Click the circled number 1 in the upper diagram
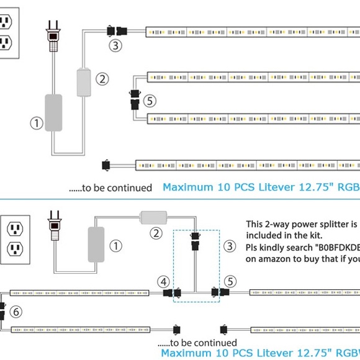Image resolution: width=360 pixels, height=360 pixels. (x=37, y=124)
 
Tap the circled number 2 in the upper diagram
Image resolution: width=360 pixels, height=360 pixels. (x=103, y=79)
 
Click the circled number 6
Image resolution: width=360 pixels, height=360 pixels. (x=17, y=312)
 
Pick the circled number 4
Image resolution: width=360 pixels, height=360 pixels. (x=164, y=282)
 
